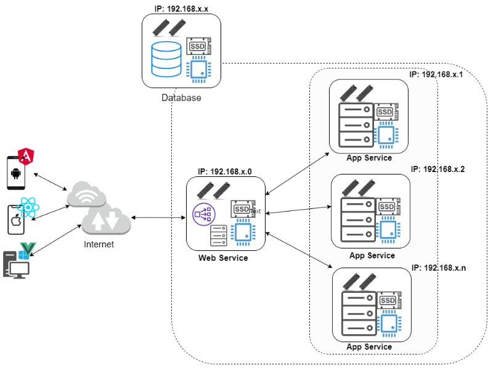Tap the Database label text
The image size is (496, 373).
pyautogui.click(x=181, y=98)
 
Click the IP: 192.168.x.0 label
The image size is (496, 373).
pyautogui.click(x=225, y=172)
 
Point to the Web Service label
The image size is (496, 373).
pyautogui.click(x=223, y=258)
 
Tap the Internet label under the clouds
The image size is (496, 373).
pyautogui.click(x=99, y=245)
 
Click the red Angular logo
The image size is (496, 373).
pyautogui.click(x=26, y=156)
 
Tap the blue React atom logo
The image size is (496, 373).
pyautogui.click(x=29, y=207)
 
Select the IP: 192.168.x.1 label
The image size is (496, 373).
pyautogui.click(x=436, y=74)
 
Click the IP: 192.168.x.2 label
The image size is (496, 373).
pyautogui.click(x=437, y=169)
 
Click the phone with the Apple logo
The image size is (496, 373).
pyautogui.click(x=15, y=220)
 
